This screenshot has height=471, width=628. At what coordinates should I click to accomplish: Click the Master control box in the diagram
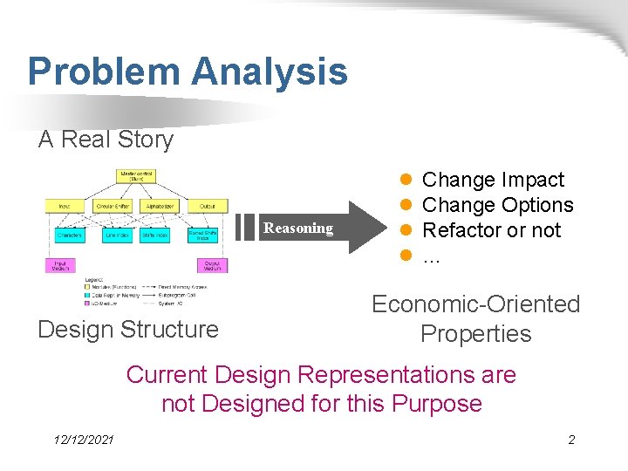click(137, 176)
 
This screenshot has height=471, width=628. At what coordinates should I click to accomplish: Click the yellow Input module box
click(65, 207)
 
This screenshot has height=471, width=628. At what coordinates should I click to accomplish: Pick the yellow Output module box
click(207, 207)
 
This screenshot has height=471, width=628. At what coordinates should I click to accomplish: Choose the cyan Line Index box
click(116, 235)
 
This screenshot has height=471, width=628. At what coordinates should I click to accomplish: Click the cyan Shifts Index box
click(155, 235)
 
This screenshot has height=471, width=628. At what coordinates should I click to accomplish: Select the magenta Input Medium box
click(60, 264)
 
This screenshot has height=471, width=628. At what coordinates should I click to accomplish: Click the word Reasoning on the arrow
click(298, 229)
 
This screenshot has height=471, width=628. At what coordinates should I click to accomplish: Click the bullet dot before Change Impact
click(406, 180)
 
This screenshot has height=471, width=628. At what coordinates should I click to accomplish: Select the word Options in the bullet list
click(538, 205)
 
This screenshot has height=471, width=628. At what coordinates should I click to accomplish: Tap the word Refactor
click(461, 230)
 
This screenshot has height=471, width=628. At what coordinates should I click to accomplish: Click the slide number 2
click(571, 440)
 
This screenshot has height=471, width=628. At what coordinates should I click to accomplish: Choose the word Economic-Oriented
click(475, 304)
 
